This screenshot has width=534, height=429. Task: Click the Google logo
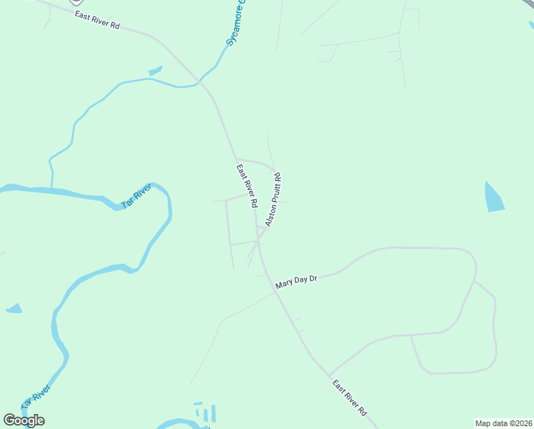coord(24,420)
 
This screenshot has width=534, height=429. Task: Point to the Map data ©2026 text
coord(503,423)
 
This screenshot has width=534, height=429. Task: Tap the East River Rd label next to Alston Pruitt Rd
coord(247,186)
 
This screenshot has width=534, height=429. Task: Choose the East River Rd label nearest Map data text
coord(350,398)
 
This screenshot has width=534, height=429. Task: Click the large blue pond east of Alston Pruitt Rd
coord(493,197)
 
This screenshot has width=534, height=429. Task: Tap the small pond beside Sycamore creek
coord(155,71)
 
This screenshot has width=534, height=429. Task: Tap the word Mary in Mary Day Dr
coord(285,283)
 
